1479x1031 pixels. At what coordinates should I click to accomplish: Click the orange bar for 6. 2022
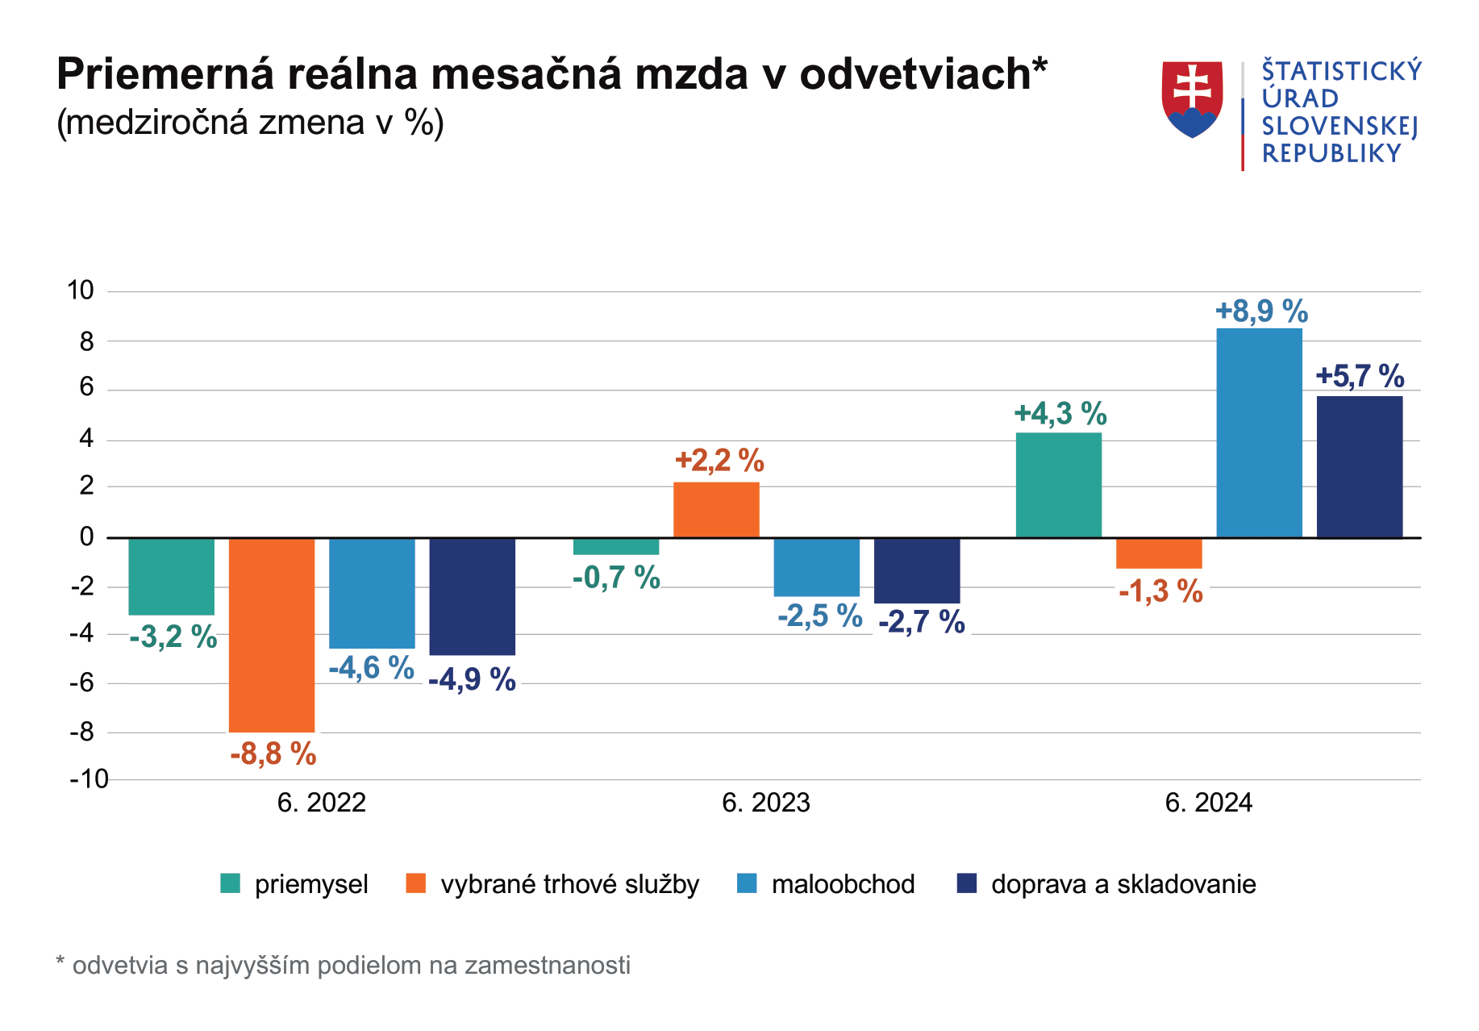pyautogui.click(x=272, y=634)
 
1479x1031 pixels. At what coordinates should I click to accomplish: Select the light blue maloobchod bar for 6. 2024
pyautogui.click(x=1259, y=432)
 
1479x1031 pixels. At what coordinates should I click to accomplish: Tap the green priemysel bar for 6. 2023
pyautogui.click(x=616, y=546)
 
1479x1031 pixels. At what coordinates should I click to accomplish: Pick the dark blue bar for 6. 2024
pyautogui.click(x=1360, y=466)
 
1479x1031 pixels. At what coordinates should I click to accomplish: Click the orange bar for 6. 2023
pyautogui.click(x=716, y=510)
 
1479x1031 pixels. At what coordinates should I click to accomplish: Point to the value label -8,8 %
pyautogui.click(x=273, y=754)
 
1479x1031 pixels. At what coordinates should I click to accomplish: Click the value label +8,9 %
pyautogui.click(x=1261, y=311)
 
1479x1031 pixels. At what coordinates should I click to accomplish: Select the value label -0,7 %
pyautogui.click(x=616, y=578)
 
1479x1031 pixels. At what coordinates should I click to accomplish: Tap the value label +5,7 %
pyautogui.click(x=1360, y=376)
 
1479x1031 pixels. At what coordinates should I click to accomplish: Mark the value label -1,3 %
pyautogui.click(x=1160, y=591)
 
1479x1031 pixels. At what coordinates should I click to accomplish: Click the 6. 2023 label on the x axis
pyautogui.click(x=765, y=803)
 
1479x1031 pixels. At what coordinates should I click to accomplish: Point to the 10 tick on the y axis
pyautogui.click(x=81, y=290)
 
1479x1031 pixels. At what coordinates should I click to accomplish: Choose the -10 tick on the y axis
pyautogui.click(x=89, y=779)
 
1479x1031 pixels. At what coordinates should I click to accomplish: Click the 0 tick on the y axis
pyautogui.click(x=87, y=536)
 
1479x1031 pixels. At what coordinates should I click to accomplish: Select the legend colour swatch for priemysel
pyautogui.click(x=231, y=883)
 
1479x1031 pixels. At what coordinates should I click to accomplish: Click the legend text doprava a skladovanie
pyautogui.click(x=1123, y=884)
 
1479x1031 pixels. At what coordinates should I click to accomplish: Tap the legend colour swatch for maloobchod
pyautogui.click(x=747, y=883)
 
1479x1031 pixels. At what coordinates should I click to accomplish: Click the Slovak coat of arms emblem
pyautogui.click(x=1192, y=99)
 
